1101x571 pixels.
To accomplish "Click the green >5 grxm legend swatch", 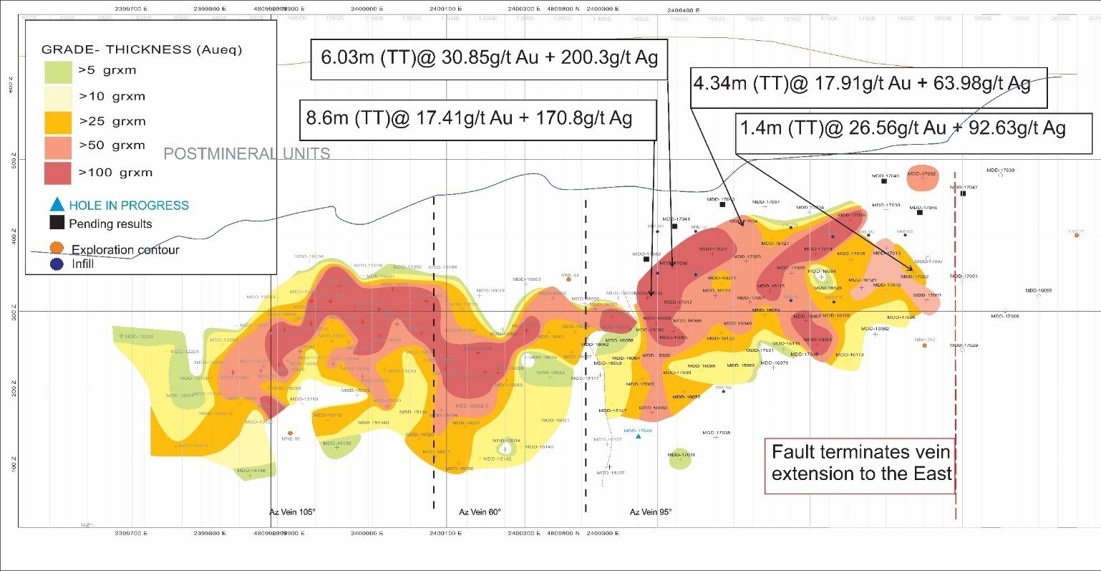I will (58, 71).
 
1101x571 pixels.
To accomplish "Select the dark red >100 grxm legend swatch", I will (58, 173).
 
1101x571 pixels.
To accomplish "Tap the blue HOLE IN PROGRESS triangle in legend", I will (57, 205).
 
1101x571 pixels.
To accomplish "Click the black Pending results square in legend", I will (57, 223).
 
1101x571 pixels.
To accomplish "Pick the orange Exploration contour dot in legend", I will (57, 249).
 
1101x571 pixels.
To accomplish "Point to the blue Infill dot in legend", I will (57, 264).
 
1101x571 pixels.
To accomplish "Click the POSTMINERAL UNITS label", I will (247, 153).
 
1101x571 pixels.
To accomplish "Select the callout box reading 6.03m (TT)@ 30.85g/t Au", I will (489, 58).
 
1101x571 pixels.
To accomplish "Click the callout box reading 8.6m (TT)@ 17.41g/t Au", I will (477, 118).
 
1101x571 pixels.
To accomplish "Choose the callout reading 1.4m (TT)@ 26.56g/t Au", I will (913, 129).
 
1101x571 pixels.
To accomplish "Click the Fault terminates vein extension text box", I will (860, 464).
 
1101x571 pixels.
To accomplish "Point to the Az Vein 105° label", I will (292, 512).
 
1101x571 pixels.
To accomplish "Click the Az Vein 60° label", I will (480, 512).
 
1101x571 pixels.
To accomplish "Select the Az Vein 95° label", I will (651, 512).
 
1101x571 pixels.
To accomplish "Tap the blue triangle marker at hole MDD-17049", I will (638, 437).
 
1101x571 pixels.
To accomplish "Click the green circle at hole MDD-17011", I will (680, 459).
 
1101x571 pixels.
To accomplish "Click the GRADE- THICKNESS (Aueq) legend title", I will (142, 49).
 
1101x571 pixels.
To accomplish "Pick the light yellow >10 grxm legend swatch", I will (58, 96).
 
